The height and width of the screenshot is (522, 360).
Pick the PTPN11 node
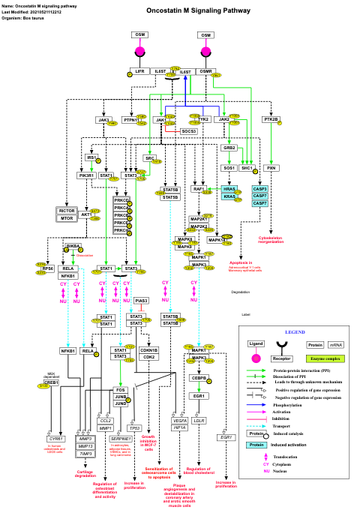point(132,119)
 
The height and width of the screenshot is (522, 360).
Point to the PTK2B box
point(271,119)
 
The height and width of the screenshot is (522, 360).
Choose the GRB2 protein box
point(229,148)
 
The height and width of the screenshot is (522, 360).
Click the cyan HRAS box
point(229,188)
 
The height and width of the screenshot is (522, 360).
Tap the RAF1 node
point(199,189)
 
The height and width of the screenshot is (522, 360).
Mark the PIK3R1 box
point(86,175)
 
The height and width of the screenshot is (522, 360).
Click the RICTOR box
point(66,211)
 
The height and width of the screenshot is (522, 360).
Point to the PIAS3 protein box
point(142,300)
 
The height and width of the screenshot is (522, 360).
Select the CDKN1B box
point(149,350)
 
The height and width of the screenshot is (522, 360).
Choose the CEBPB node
point(199,378)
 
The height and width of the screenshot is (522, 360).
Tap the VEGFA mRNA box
point(179,421)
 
